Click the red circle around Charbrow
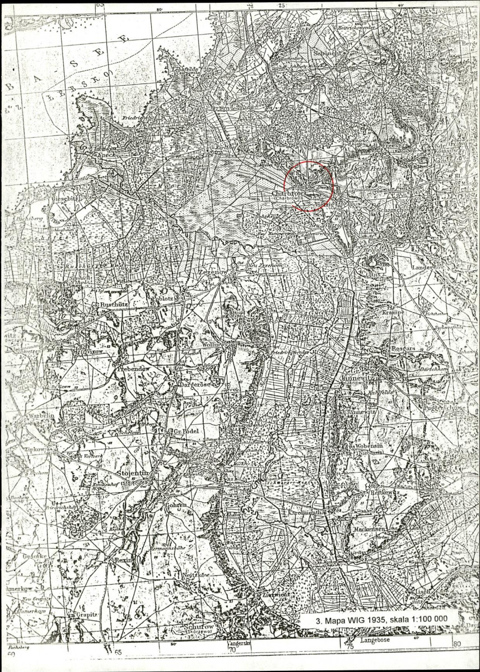309,186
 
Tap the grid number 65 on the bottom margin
118,652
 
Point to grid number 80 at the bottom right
456,645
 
